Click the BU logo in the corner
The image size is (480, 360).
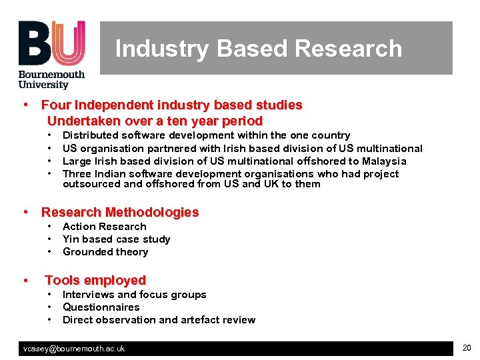click(52, 43)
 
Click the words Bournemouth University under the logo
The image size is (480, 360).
click(51, 79)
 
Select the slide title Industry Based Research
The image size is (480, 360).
click(259, 49)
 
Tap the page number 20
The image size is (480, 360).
click(466, 348)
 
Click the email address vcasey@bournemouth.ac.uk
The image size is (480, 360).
click(74, 349)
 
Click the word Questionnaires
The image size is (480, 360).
click(101, 307)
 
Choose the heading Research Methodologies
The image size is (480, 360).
click(120, 212)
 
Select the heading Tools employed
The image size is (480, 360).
click(95, 280)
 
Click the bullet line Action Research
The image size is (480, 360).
click(104, 227)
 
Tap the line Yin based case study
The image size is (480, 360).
click(116, 239)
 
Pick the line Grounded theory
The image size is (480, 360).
click(105, 252)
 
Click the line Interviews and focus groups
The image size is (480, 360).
click(134, 295)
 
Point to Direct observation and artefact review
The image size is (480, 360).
click(159, 320)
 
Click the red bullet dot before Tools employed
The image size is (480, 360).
click(25, 280)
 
